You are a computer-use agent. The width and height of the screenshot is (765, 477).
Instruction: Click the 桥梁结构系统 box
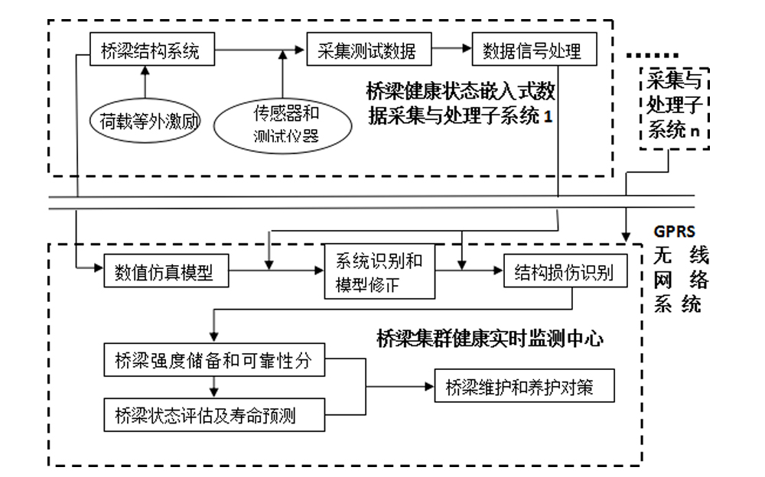pos(151,51)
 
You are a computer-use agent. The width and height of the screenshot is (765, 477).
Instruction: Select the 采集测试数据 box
pos(367,51)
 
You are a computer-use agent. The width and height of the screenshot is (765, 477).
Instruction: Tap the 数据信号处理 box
pos(532,51)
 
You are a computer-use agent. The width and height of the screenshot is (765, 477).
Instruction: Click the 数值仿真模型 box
pos(166,271)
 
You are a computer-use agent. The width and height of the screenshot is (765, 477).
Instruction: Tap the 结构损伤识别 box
pos(565,271)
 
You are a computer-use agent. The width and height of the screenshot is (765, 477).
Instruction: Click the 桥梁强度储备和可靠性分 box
pos(213,361)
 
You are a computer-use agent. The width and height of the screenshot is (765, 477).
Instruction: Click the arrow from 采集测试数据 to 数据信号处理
pos(451,51)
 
